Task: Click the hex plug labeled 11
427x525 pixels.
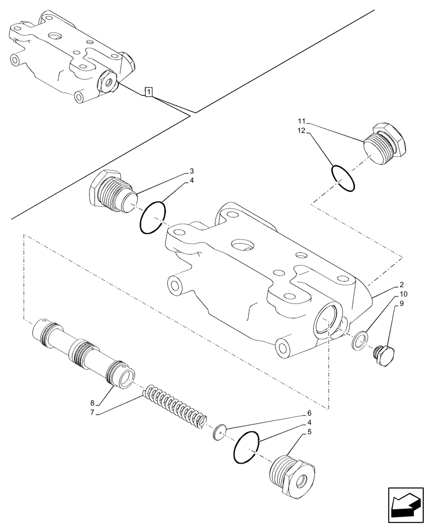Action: (x=383, y=144)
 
